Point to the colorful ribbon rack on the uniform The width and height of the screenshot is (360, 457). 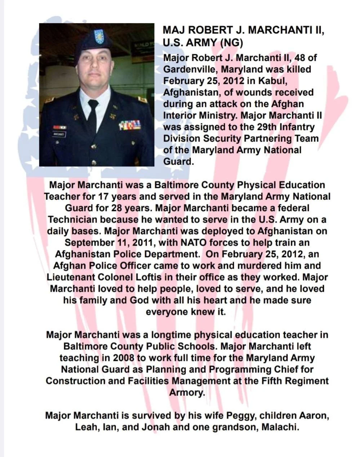click(x=130, y=125)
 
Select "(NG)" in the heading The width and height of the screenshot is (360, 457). click(x=231, y=43)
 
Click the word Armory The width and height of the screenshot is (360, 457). click(x=187, y=393)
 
